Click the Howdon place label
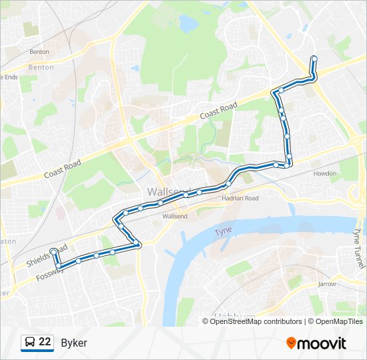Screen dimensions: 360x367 tap(325, 173)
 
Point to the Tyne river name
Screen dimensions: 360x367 tap(222, 231)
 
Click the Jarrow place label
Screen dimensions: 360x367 tap(326, 283)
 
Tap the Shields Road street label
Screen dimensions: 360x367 tap(47, 255)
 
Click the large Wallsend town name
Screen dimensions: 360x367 tap(167, 191)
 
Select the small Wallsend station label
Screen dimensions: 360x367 tap(175, 216)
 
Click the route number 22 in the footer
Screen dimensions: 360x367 tap(45, 342)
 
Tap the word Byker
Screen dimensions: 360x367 tap(73, 343)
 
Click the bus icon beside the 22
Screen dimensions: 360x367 tap(30, 342)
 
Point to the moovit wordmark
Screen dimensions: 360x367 tap(322, 343)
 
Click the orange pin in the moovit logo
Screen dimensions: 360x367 tap(292, 343)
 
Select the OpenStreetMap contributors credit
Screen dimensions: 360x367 tap(255, 321)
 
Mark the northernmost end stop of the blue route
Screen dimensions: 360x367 tap(314, 59)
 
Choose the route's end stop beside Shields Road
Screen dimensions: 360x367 tap(53, 251)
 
